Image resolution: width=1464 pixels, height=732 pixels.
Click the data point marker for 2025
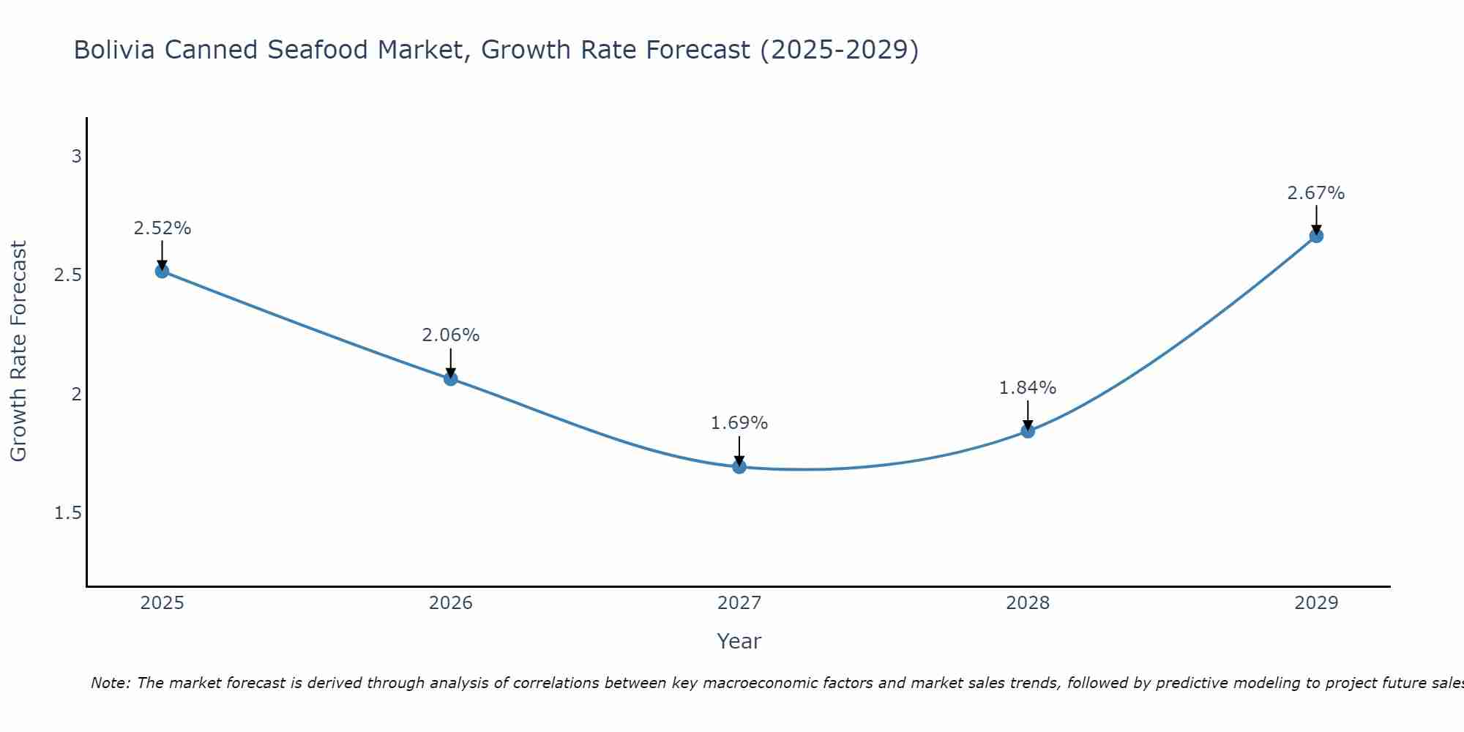(x=162, y=271)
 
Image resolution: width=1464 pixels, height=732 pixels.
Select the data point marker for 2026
(x=450, y=378)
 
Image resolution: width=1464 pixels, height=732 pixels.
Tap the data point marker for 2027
(x=739, y=466)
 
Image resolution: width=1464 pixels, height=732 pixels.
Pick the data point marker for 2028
(x=1028, y=431)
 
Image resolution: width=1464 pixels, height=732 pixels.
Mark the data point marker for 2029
(x=1316, y=236)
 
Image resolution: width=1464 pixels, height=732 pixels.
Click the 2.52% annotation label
(x=162, y=228)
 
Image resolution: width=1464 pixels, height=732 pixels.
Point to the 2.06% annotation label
(x=450, y=335)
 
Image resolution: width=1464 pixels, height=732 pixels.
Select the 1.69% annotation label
(x=739, y=423)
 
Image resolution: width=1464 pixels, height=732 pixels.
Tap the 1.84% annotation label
(x=1028, y=388)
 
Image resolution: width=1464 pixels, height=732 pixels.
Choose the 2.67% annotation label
(x=1316, y=193)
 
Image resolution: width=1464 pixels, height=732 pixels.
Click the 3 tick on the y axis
(x=76, y=157)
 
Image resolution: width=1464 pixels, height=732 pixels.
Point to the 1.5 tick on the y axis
(x=68, y=513)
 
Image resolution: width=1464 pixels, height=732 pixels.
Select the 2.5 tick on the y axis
(x=68, y=275)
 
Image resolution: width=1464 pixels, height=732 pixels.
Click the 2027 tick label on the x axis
(x=739, y=603)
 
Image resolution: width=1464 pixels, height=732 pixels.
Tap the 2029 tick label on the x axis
(x=1316, y=603)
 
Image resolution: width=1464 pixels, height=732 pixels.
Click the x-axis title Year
(x=739, y=641)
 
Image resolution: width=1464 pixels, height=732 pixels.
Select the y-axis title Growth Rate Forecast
(x=19, y=351)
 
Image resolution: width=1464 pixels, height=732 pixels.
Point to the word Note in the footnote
(x=110, y=683)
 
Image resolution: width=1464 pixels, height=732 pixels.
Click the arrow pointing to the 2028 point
(x=1028, y=415)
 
